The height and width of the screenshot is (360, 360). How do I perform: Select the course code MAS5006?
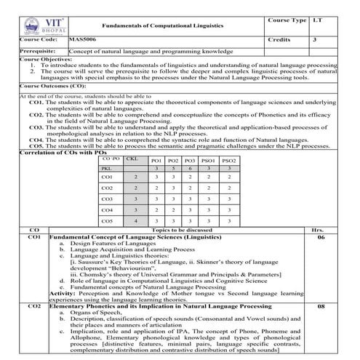81,41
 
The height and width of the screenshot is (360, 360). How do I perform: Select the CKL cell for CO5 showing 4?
135,220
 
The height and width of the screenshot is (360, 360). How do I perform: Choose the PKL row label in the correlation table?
108,168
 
